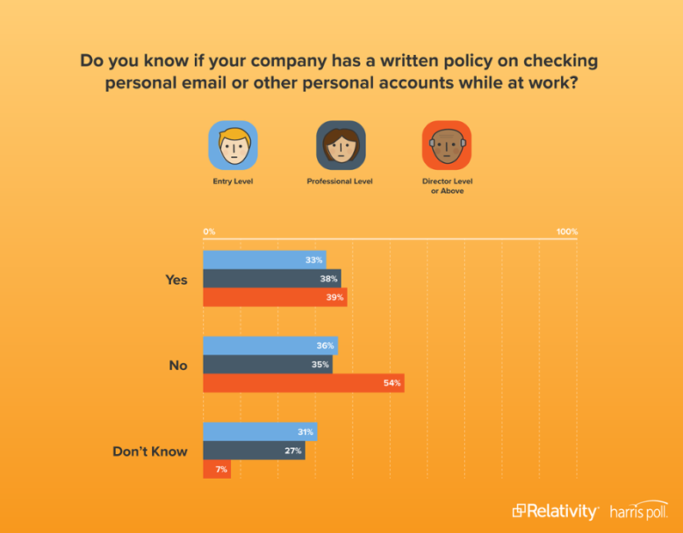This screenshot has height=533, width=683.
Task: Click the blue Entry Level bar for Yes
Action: point(264,260)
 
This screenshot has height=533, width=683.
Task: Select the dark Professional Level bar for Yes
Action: point(271,279)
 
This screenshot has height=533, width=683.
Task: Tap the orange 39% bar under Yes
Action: point(274,298)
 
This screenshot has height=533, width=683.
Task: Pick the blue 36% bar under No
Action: point(270,346)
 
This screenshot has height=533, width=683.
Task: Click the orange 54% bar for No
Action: point(302,383)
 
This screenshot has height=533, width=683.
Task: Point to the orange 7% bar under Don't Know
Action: point(216,469)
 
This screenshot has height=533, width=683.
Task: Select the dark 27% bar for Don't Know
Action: point(253,451)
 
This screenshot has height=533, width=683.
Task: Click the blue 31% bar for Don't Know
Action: point(259,432)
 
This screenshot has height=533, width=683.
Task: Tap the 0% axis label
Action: point(210,232)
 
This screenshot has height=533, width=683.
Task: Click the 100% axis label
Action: point(567,232)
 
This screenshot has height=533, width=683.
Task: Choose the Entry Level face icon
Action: point(233,146)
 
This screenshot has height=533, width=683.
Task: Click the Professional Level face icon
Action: point(340,146)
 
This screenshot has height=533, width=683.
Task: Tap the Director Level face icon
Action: point(447,146)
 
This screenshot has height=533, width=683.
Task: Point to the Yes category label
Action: point(176,280)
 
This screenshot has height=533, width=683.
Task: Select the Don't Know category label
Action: point(150,451)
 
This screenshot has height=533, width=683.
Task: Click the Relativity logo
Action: point(555,511)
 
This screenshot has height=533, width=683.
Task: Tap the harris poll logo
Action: point(638,511)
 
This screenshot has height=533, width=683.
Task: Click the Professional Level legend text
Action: point(340,182)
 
